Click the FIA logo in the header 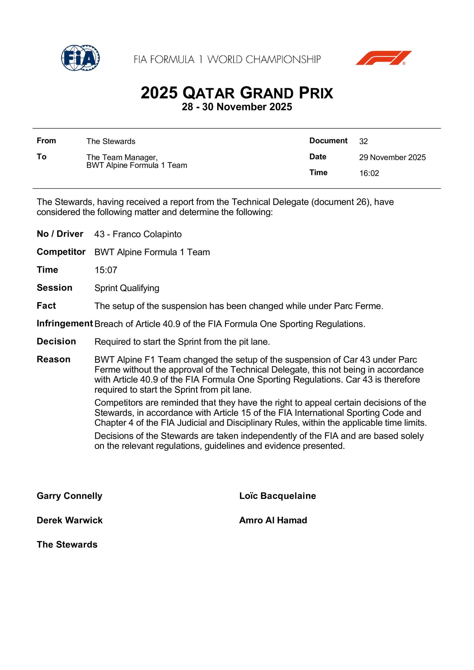coord(80,58)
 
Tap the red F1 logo coord(383,58)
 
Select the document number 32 coord(363,141)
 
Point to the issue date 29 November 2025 coord(392,157)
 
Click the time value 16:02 coord(369,173)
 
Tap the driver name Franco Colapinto coord(147,234)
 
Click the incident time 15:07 coord(106,270)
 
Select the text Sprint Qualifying coord(127,288)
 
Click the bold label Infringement coord(65,324)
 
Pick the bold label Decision coord(56,342)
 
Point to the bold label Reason coord(54,360)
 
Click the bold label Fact coord(46,306)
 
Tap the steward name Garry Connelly coord(69,496)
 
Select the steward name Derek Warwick coord(70,520)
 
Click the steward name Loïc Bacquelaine coord(278,496)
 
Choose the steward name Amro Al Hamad coord(273,520)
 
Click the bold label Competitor coord(61,252)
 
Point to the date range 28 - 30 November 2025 coord(237,107)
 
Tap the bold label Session coord(55,288)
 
